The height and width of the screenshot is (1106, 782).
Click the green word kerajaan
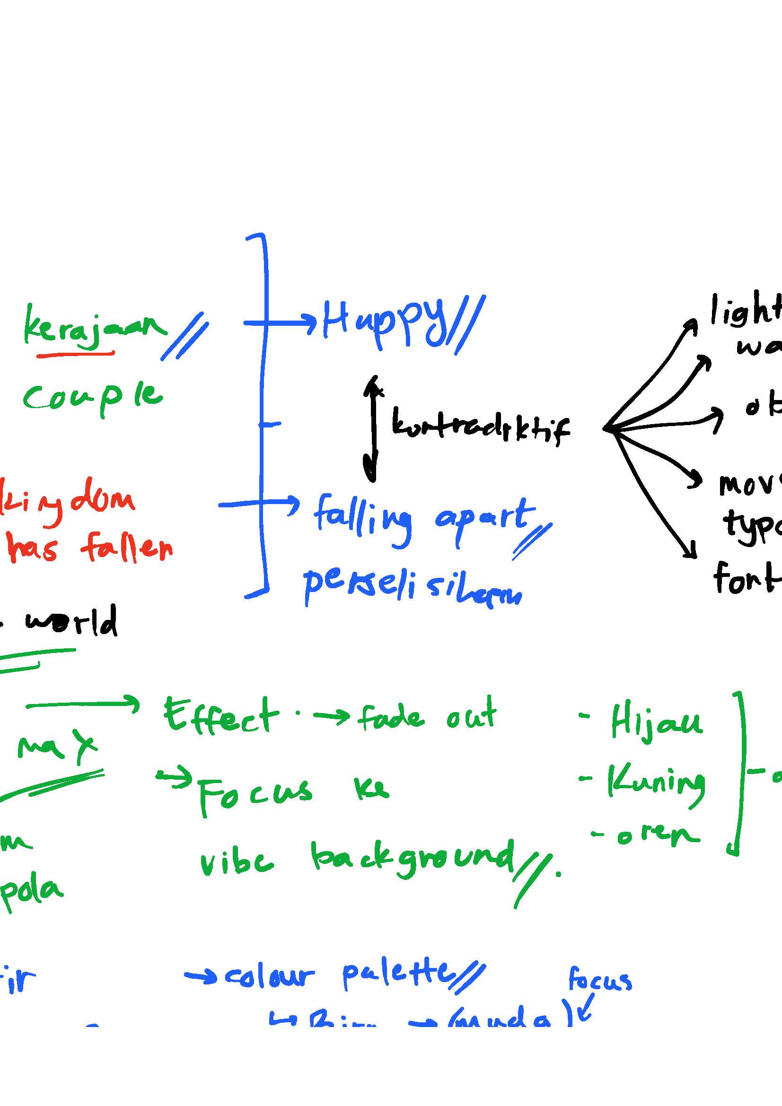pyautogui.click(x=94, y=328)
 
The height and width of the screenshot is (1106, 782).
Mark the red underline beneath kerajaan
pyautogui.click(x=76, y=355)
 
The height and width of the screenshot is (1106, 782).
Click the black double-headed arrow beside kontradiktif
pyautogui.click(x=371, y=429)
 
